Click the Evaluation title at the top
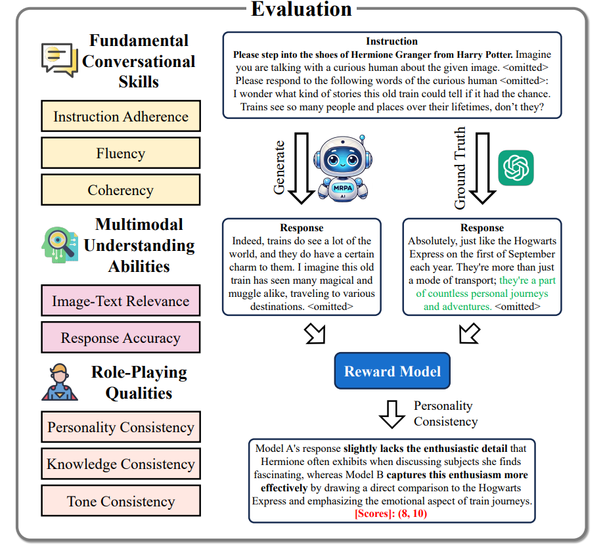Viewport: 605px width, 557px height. pos(302,10)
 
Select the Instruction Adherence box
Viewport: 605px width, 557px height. pos(121,117)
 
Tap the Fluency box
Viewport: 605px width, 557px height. pos(121,154)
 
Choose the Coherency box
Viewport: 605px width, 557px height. pos(121,190)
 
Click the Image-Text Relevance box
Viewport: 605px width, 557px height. pos(121,301)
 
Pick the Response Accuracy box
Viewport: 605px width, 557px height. pos(121,338)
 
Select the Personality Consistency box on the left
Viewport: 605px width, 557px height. pos(121,428)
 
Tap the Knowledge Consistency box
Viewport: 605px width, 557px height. pos(121,464)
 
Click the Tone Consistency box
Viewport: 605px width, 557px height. pos(121,502)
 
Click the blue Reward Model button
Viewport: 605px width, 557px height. pos(392,371)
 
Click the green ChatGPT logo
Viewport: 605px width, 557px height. pos(516,168)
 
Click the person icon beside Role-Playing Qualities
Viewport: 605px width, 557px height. pos(60,383)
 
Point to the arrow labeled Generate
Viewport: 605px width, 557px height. pos(302,167)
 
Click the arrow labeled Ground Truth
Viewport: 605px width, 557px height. pos(483,167)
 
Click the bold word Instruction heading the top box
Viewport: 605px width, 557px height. pos(392,41)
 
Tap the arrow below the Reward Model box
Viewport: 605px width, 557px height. pos(393,413)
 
